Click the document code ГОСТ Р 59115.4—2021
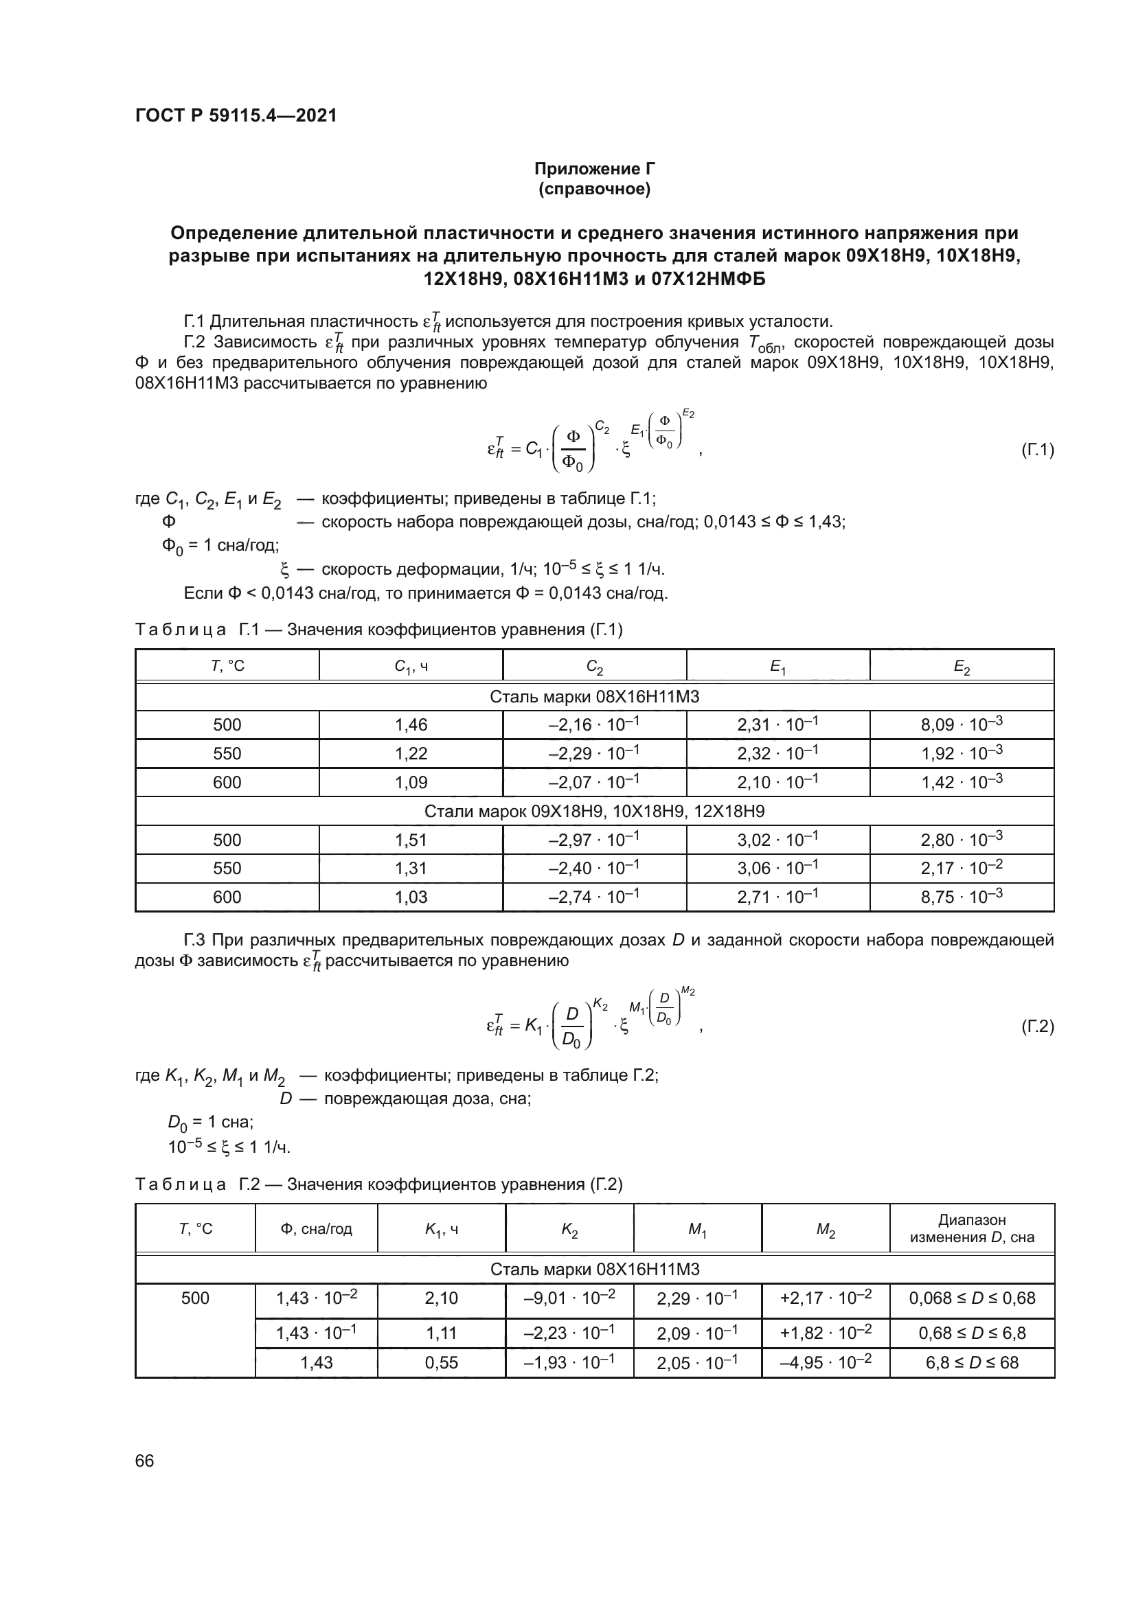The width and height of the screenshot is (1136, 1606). click(x=236, y=115)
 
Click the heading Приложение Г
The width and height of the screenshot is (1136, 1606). click(x=595, y=169)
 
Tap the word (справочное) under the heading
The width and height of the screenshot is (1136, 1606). click(x=595, y=190)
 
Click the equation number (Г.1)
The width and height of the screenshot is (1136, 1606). click(x=1037, y=450)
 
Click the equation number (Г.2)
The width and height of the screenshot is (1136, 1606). click(x=1037, y=1026)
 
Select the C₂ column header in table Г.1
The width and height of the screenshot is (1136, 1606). click(x=595, y=667)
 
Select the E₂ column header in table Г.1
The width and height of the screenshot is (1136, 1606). click(x=962, y=667)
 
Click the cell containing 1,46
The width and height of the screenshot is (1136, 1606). click(x=411, y=724)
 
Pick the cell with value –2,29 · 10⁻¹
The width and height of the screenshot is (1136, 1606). click(x=594, y=753)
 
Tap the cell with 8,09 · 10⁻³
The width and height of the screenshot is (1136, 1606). click(x=962, y=724)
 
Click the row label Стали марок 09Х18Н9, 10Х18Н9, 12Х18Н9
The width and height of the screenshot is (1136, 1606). click(x=595, y=812)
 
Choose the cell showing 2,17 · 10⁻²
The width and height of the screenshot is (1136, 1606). click(x=962, y=868)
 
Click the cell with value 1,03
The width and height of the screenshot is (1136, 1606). click(x=411, y=897)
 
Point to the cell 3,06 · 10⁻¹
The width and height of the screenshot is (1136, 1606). click(x=778, y=868)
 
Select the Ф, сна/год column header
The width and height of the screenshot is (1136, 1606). click(x=316, y=1229)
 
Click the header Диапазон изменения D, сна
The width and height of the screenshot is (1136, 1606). click(x=972, y=1228)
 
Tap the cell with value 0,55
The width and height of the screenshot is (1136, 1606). click(x=442, y=1362)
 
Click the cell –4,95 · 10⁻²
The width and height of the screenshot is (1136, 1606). click(x=826, y=1362)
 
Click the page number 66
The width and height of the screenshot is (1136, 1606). click(x=145, y=1461)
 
